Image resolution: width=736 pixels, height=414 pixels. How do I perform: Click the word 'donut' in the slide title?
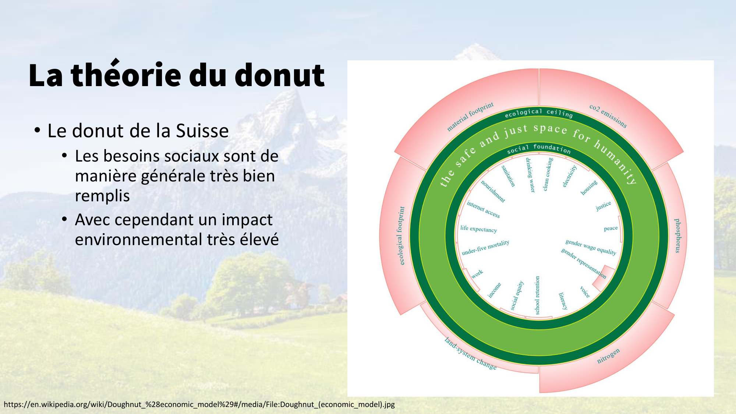coord(279,75)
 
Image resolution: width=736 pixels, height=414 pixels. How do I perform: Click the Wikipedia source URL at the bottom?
coord(199,404)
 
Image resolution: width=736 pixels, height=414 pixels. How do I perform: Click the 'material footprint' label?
coord(470,116)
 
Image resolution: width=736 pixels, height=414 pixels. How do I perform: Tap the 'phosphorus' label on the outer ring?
coord(678,236)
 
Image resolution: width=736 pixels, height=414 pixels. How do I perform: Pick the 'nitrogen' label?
coord(608,356)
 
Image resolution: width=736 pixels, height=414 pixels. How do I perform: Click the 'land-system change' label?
coord(470,354)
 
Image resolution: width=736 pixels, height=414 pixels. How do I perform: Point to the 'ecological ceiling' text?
coord(539,113)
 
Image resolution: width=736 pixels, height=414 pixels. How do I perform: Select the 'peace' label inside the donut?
coord(611,229)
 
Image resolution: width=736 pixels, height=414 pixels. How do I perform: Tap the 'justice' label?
coord(604,206)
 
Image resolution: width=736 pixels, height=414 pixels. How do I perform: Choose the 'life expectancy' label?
coord(478,229)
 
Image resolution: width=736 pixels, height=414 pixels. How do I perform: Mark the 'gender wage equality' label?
coord(591,247)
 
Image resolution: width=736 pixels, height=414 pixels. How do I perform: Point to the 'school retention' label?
coord(537,296)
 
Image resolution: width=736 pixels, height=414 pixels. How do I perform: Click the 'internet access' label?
coord(483,209)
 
